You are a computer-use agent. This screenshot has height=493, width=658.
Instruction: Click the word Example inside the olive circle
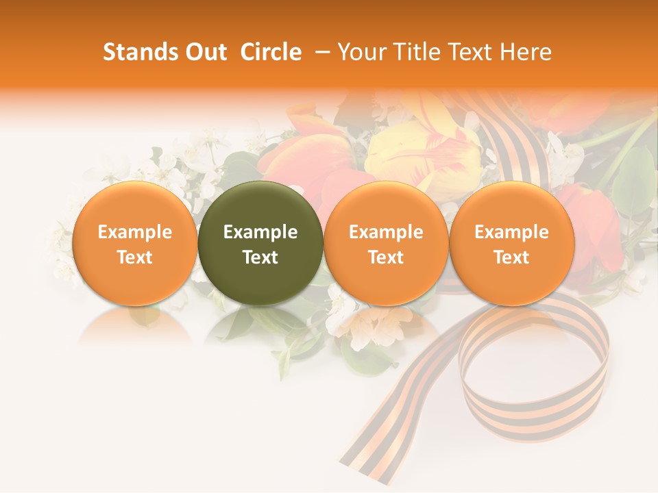260,232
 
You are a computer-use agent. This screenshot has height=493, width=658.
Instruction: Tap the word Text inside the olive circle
260,257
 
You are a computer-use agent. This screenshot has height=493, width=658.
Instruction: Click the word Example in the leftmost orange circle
134,232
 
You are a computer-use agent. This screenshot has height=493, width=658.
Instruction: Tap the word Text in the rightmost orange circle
512,257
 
